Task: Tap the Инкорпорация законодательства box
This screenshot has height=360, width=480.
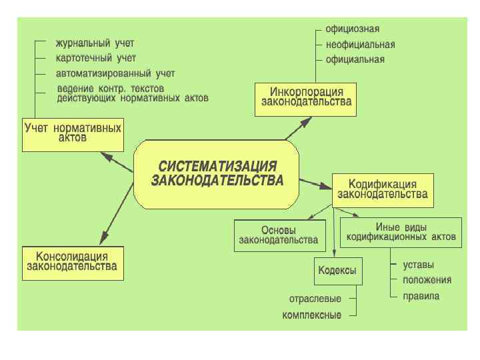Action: (x=306, y=97)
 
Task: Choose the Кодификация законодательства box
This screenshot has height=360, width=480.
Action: (x=383, y=189)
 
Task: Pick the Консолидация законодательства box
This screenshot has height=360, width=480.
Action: (x=71, y=261)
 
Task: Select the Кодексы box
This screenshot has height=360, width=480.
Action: (x=337, y=271)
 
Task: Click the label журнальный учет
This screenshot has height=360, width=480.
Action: (x=95, y=42)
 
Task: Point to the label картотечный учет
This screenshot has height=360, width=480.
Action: (x=96, y=58)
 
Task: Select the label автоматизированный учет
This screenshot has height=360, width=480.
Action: (x=115, y=73)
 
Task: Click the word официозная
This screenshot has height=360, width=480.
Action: (x=352, y=29)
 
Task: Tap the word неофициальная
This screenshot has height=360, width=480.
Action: (x=360, y=45)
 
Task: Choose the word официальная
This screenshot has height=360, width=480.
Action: (x=355, y=59)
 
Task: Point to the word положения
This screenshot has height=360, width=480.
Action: (x=427, y=280)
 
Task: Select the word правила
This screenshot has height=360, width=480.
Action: (x=421, y=296)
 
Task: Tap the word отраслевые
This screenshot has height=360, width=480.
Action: (x=315, y=298)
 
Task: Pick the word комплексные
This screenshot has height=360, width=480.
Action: (x=312, y=315)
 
